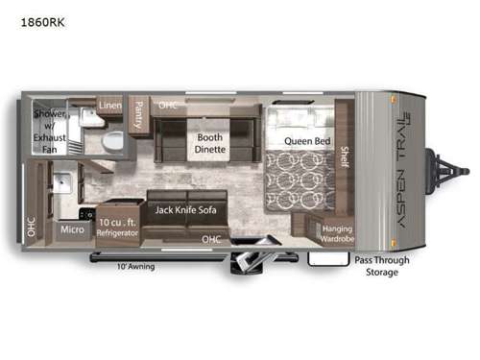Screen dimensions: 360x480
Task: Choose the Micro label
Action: pos(72,229)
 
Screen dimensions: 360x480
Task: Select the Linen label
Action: pos(108,105)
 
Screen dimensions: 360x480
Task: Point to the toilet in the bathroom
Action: pos(112,140)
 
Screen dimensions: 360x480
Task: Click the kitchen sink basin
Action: pos(63,183)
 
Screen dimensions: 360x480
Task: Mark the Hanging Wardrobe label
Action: pos(337,232)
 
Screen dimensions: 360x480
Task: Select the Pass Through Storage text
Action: pos(381,264)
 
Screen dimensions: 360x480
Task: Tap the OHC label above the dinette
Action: pos(168,105)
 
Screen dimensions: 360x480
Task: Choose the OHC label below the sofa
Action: pos(208,239)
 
